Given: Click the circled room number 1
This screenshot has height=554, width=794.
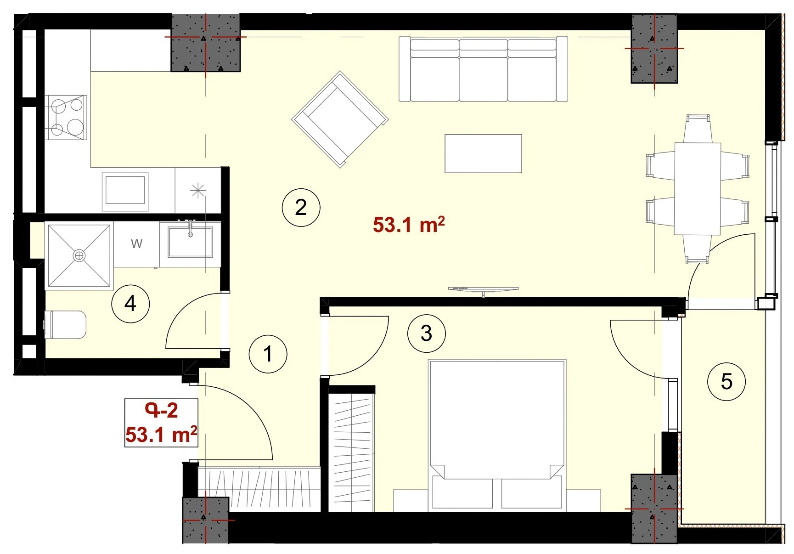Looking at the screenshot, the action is coord(268,354).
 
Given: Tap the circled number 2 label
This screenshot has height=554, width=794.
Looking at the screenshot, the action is coord(301,208).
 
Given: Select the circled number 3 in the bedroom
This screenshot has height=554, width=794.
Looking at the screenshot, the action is coord(427,333).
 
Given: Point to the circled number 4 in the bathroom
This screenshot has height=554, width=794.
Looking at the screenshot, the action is coord(131,304).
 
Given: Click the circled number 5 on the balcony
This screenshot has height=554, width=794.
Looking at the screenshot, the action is coord(726,381).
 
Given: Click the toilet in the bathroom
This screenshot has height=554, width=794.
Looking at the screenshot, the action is coord(65,325).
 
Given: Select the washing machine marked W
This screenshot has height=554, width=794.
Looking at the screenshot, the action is coord(136,244).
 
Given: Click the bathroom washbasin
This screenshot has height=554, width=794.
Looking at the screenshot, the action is coord(190,242).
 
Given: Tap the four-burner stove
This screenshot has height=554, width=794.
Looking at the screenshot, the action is coord(66,118).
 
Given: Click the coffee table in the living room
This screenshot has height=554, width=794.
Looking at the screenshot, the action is coord(483,153).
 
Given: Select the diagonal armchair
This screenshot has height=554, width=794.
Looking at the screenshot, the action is coord(340,119).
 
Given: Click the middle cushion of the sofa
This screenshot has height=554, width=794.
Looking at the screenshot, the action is coord(483,70).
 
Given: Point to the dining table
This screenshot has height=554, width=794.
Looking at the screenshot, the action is coord(697,189).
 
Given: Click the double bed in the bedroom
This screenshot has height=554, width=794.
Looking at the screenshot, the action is coord(496,435).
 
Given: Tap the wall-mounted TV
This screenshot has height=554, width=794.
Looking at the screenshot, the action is coord(484,289).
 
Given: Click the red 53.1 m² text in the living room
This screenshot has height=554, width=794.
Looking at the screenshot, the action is coord(409,225).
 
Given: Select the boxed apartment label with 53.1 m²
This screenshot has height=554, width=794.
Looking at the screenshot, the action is coord(161,423).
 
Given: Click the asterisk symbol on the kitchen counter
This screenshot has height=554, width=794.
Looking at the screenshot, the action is coord(198,190).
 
